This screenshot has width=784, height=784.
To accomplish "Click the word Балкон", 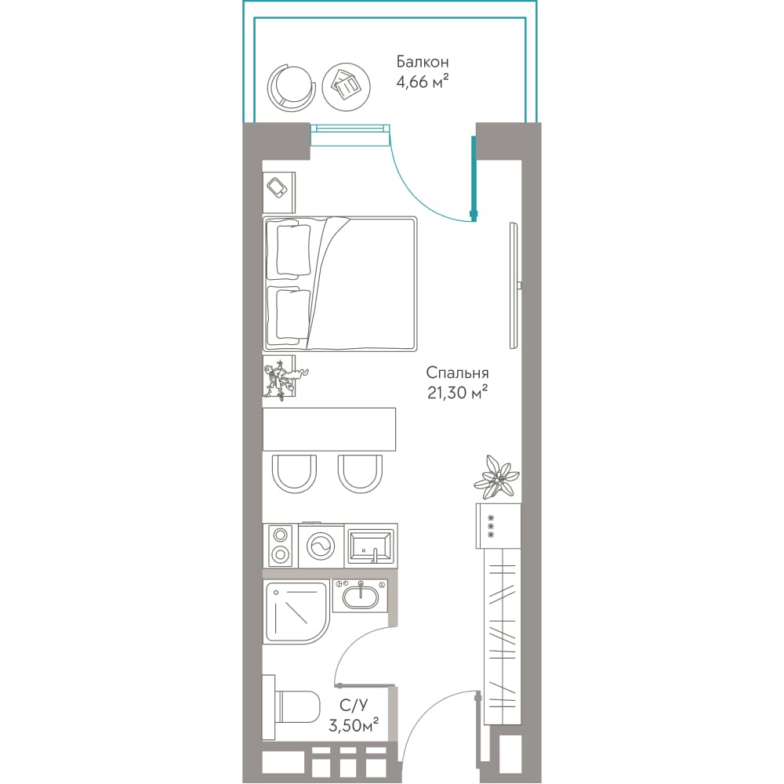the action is click(422, 61).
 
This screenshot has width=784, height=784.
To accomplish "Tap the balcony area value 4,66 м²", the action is click(422, 81).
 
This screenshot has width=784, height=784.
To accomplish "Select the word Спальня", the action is click(457, 372).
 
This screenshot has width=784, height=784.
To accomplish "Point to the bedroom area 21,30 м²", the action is click(457, 393).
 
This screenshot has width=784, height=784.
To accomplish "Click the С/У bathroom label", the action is click(354, 705).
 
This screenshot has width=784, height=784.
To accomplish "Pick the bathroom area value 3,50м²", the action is click(353, 725).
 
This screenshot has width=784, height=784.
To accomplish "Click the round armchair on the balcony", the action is click(292, 87).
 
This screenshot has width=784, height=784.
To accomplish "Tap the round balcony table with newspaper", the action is click(346, 87).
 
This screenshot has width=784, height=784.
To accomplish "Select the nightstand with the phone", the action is click(279, 193).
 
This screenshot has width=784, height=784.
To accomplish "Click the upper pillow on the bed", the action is click(289, 251).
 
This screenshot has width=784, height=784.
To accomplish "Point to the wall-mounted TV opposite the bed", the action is click(514, 285).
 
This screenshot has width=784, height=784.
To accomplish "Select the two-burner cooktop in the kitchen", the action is click(281, 546).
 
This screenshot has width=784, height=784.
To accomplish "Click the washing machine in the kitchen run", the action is click(321, 546).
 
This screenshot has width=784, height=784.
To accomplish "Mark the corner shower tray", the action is click(296, 612).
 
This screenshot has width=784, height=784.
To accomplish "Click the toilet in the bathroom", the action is click(291, 706).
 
